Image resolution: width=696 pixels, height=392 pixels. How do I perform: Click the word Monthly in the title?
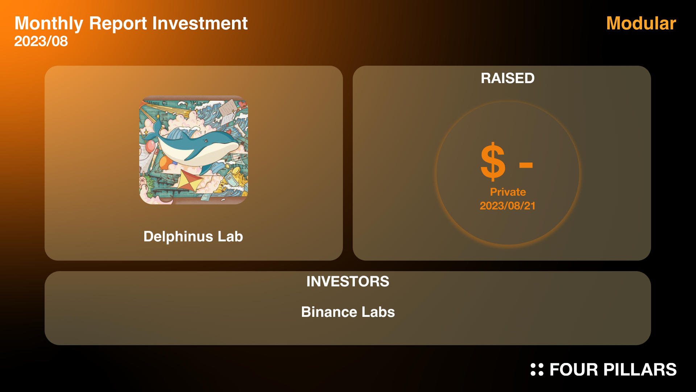pos(49,24)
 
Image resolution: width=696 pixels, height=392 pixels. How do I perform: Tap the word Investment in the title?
pos(200,23)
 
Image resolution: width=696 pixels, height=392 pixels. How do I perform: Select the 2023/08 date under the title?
pos(41,41)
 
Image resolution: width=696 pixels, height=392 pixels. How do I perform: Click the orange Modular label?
pos(641,23)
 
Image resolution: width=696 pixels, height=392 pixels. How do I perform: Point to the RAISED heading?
pos(507,78)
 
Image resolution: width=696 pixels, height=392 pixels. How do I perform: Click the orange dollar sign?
pos(493,162)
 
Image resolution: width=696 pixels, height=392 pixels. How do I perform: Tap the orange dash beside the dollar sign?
pos(526,166)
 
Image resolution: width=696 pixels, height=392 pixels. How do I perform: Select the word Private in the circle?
pos(508,192)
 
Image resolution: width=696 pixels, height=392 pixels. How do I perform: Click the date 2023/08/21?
pos(507,206)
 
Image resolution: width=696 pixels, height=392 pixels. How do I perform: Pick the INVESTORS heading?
pos(348,282)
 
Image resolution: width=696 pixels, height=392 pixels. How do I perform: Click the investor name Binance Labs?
pos(348,312)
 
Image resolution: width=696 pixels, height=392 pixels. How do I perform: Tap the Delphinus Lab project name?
pos(193,237)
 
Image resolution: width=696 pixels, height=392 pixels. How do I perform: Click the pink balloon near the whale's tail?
pos(150,146)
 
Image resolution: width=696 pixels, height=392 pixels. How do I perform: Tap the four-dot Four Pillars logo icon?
pos(537,369)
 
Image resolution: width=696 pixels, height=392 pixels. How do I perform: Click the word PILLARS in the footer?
pos(640,370)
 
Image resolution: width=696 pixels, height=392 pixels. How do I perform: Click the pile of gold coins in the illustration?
pos(237,176)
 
